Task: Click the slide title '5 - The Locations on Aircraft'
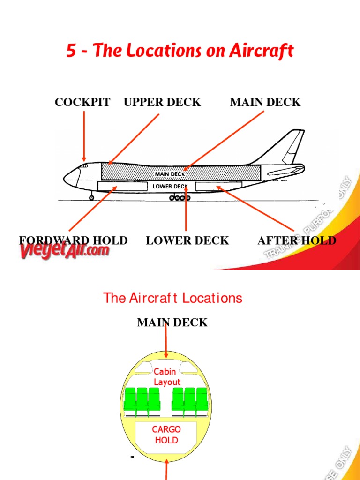[180, 51]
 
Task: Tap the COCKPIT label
[82, 102]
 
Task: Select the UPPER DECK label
[162, 102]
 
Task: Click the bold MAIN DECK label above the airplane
[265, 102]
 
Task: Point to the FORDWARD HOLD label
[73, 240]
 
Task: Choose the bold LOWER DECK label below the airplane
[187, 240]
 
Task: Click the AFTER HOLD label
[297, 240]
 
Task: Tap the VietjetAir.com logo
[64, 251]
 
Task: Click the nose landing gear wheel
[91, 198]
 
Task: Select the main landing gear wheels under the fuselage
[180, 198]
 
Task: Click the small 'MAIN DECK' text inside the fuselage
[170, 174]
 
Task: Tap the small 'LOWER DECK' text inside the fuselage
[170, 186]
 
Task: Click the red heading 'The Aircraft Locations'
[172, 298]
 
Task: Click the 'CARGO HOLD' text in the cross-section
[166, 435]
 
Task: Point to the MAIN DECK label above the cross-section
[172, 322]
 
